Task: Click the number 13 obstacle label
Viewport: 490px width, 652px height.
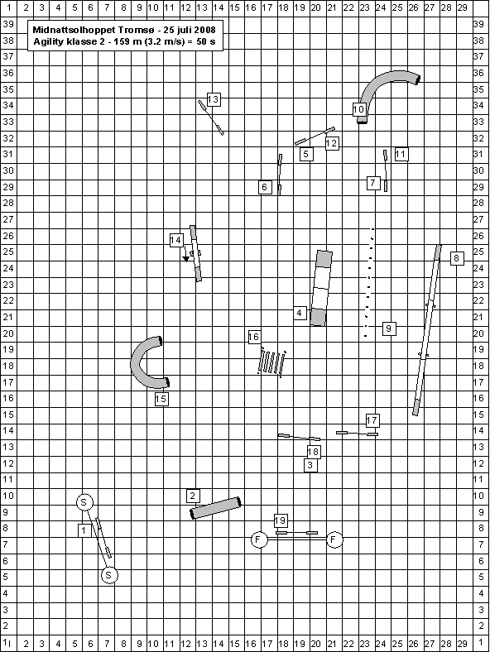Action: pos(213,100)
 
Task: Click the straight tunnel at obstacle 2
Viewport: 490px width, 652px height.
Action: pos(216,508)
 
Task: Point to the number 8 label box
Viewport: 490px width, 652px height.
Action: pos(457,258)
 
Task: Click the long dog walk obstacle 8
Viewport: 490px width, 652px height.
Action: pos(427,330)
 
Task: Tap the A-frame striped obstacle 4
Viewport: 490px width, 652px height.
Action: pos(321,288)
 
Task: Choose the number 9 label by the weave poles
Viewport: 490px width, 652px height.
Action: pos(389,329)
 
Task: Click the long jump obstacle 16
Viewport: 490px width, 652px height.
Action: pos(272,362)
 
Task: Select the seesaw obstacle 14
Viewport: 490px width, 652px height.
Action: pos(195,253)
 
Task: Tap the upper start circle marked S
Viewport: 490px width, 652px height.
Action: pos(84,502)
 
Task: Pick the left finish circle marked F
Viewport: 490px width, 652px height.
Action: pos(259,539)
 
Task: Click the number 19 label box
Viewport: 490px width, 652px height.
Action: pos(281,520)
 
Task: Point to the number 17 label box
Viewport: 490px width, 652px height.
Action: pos(372,420)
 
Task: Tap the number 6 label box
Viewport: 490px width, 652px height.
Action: pos(265,187)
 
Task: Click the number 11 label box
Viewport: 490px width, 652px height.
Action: pos(401,154)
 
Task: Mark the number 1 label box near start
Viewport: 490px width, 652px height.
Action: pos(84,530)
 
